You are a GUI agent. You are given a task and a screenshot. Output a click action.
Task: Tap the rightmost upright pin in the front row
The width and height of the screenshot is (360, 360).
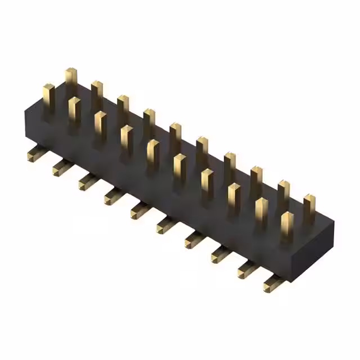[x=287, y=225]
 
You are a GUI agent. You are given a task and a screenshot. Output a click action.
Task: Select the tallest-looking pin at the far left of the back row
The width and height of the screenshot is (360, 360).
[x=70, y=79]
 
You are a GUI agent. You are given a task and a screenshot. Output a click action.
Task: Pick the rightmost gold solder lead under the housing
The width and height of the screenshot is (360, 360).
[x=273, y=284]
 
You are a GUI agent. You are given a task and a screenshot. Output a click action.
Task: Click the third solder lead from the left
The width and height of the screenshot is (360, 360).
[x=87, y=181]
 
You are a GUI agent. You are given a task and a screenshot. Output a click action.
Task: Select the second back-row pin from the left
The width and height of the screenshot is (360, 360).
[x=97, y=92]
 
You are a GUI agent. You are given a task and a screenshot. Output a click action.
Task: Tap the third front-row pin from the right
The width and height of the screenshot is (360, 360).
[x=234, y=196]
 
